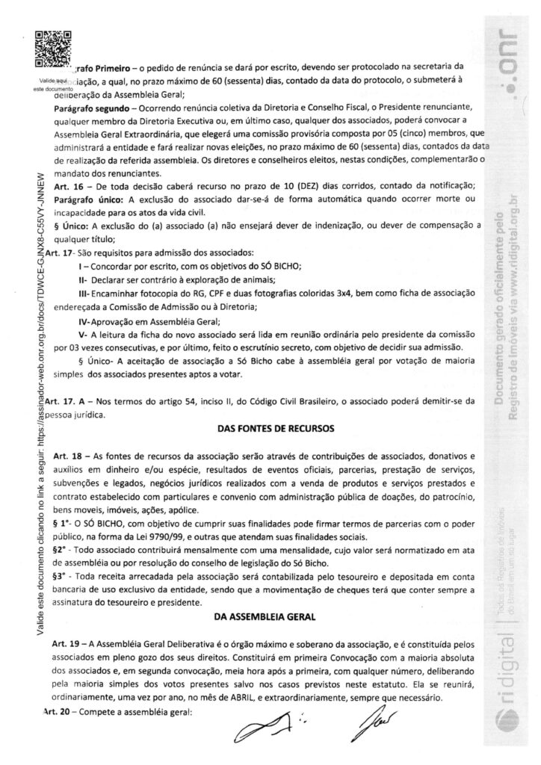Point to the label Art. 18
[66, 454]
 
